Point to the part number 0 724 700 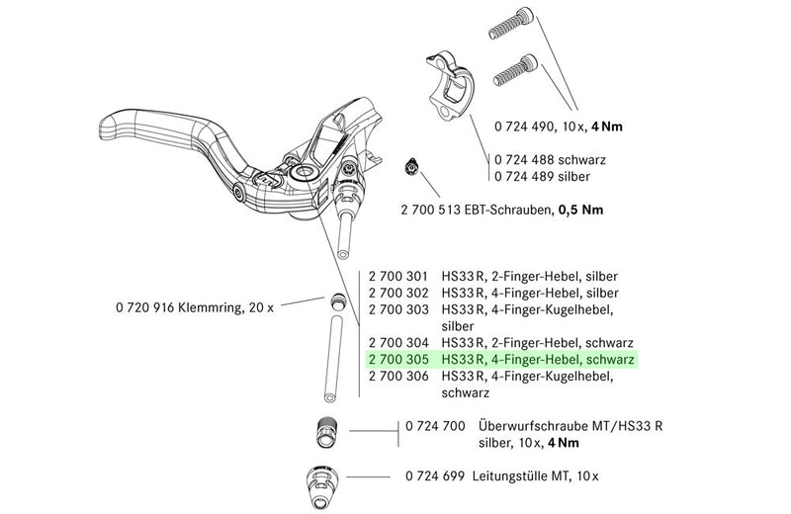pyautogui.click(x=437, y=425)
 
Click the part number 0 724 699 pyautogui.click(x=437, y=475)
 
